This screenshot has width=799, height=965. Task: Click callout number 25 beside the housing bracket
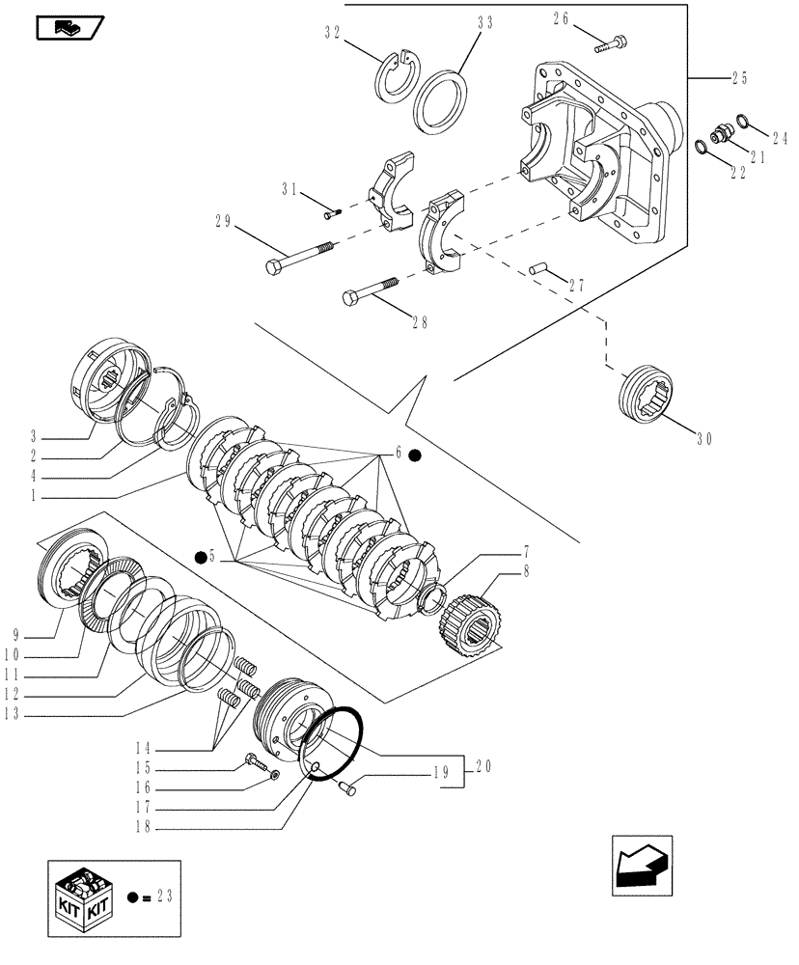click(x=740, y=76)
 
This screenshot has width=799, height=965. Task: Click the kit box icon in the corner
click(x=83, y=896)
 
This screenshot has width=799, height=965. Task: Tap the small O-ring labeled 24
click(x=743, y=121)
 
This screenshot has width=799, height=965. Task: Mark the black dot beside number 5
click(x=200, y=557)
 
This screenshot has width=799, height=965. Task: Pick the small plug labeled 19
click(x=349, y=789)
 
